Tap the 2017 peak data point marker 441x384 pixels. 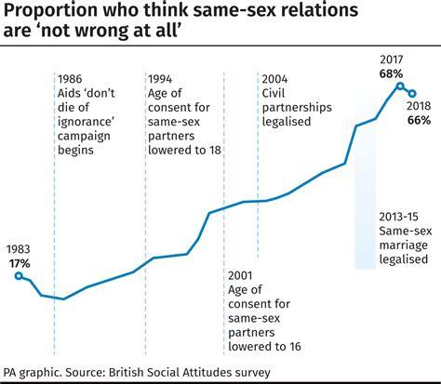coord(400,87)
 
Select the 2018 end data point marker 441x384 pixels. coord(412,93)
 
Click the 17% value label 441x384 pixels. coord(19,263)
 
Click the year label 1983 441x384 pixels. coord(19,249)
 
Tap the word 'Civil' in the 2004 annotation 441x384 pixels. coord(275,95)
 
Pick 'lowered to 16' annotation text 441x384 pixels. coord(267,348)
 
